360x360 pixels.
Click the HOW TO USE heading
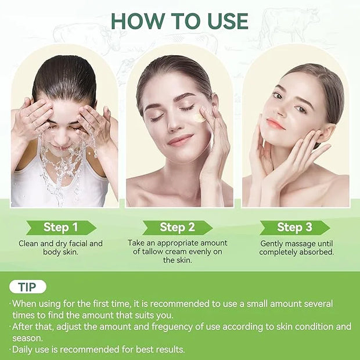tap(179, 21)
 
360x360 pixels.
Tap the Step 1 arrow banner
tap(61, 228)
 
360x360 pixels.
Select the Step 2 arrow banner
tap(177, 228)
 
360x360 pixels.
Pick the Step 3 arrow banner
tap(295, 228)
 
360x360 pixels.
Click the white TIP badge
tap(28, 287)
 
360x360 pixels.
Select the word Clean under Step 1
tap(28, 243)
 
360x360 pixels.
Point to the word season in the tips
tap(27, 339)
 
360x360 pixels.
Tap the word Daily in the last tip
tap(23, 350)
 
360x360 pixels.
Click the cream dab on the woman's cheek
tap(199, 117)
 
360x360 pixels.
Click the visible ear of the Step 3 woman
tap(324, 135)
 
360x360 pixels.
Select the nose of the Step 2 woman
tap(174, 124)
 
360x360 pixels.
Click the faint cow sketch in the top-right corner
tap(290, 25)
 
